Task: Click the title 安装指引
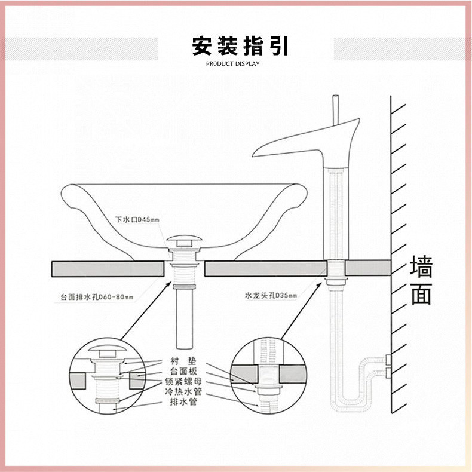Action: pos(240,46)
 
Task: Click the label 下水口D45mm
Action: pos(137,220)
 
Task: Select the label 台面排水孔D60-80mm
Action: pos(97,296)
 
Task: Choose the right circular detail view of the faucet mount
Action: pos(268,377)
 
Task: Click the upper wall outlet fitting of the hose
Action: pos(388,360)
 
